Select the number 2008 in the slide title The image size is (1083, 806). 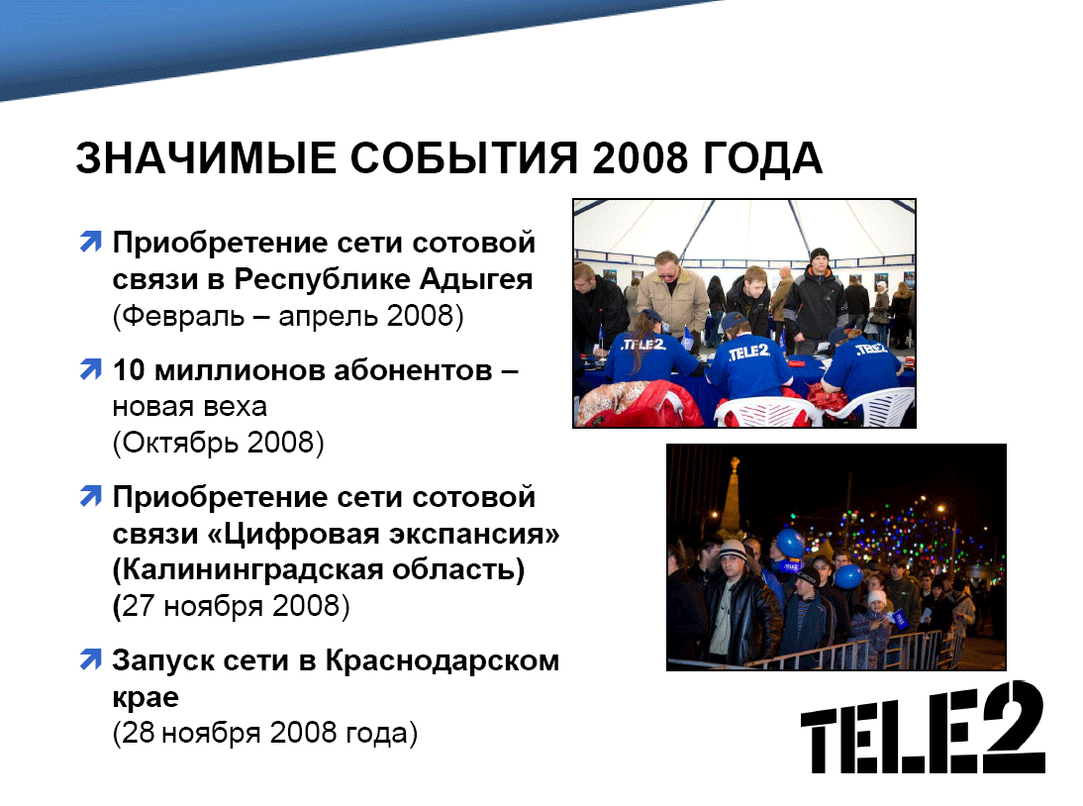point(640,158)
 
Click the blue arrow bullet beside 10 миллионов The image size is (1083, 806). point(90,368)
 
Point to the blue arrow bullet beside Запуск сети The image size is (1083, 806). point(90,658)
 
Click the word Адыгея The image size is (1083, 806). point(476,280)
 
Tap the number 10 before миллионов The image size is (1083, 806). point(129,370)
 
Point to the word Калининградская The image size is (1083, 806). point(251,570)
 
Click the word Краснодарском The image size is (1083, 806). point(443,661)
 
